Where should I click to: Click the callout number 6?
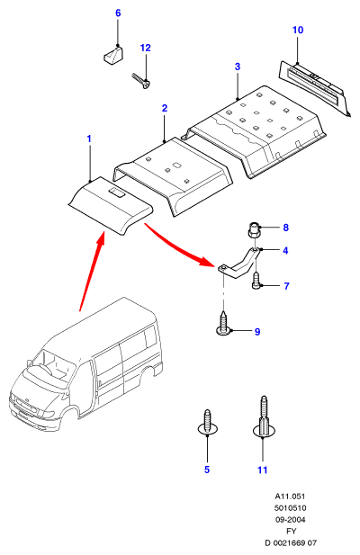[x=118, y=13]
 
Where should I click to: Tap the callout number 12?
[x=146, y=48]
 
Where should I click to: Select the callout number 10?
[x=298, y=30]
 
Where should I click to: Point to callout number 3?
[x=238, y=67]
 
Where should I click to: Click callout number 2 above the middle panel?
[x=164, y=108]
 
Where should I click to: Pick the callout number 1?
[x=89, y=139]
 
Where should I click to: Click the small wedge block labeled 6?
[x=113, y=55]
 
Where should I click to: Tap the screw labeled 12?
[x=141, y=81]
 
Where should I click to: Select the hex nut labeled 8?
[x=252, y=232]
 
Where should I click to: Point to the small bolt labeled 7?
[x=256, y=281]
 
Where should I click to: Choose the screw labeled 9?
[x=224, y=324]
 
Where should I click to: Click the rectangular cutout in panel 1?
[x=116, y=192]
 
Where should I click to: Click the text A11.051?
[x=290, y=497]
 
